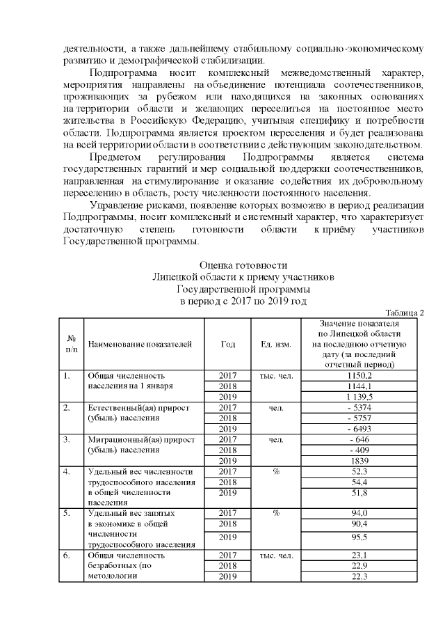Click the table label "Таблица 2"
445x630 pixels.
pos(404,313)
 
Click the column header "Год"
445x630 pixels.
pos(227,344)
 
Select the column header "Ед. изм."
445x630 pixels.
pos(275,344)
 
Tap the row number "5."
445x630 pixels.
pos(67,513)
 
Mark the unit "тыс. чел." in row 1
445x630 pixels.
pos(275,376)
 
